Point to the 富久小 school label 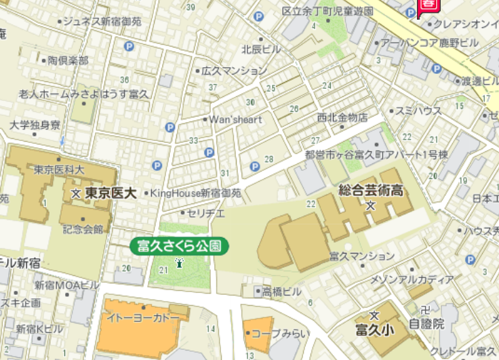coord(374,330)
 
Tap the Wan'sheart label coord(235,119)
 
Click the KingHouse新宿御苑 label coord(195,193)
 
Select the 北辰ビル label coord(261,49)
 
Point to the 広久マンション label coord(234,71)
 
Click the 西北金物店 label coord(342,117)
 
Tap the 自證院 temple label coord(426,324)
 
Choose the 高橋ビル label coord(281,292)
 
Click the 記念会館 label coord(83,229)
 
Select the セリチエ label coord(206,213)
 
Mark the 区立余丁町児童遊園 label coord(327,12)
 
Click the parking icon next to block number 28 coord(255,166)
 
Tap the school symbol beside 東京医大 coord(76,193)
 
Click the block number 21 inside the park coord(163,271)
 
